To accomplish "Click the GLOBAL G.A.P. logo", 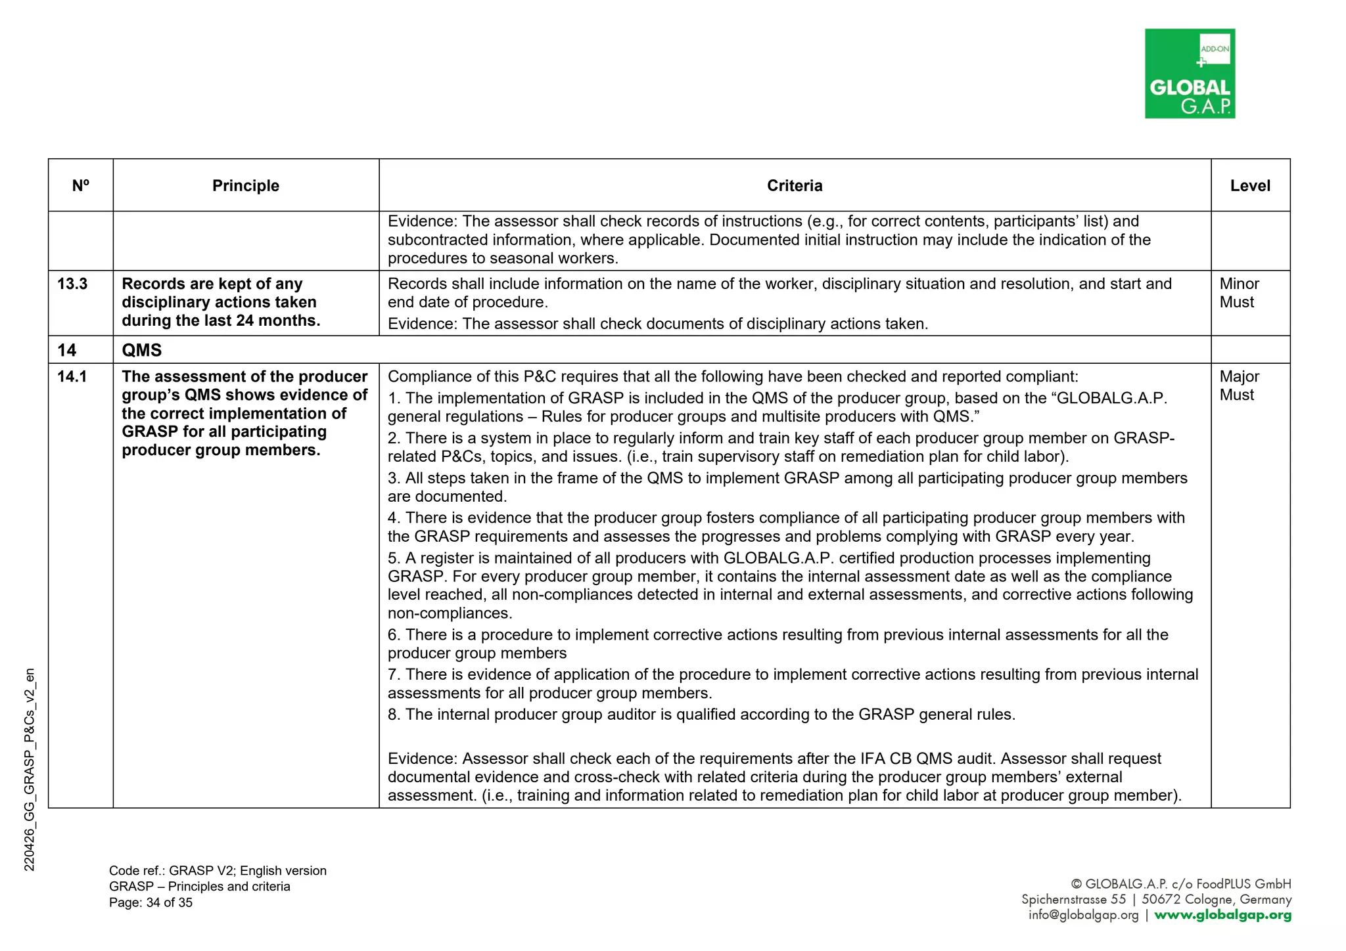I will pos(1189,74).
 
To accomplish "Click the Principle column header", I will pos(245,186).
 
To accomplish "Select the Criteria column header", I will pos(794,186).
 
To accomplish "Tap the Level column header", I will pos(1249,186).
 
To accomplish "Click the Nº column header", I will pos(80,186).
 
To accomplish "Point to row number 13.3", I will pos(72,284).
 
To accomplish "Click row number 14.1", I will pos(72,377).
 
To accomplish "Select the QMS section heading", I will pos(141,350).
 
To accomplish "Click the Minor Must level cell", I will pos(1239,293).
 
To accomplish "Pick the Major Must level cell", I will pos(1239,386).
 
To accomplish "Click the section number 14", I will pos(66,350).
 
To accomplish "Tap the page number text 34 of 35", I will pos(169,902).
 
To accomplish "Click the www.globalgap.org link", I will pos(1222,915).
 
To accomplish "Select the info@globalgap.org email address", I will pos(1083,915).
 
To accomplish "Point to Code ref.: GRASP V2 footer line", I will pos(218,871).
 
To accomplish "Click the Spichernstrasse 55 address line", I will pos(1073,899).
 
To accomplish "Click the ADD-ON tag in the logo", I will pos(1215,49).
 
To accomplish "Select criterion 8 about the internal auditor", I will pos(701,715).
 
